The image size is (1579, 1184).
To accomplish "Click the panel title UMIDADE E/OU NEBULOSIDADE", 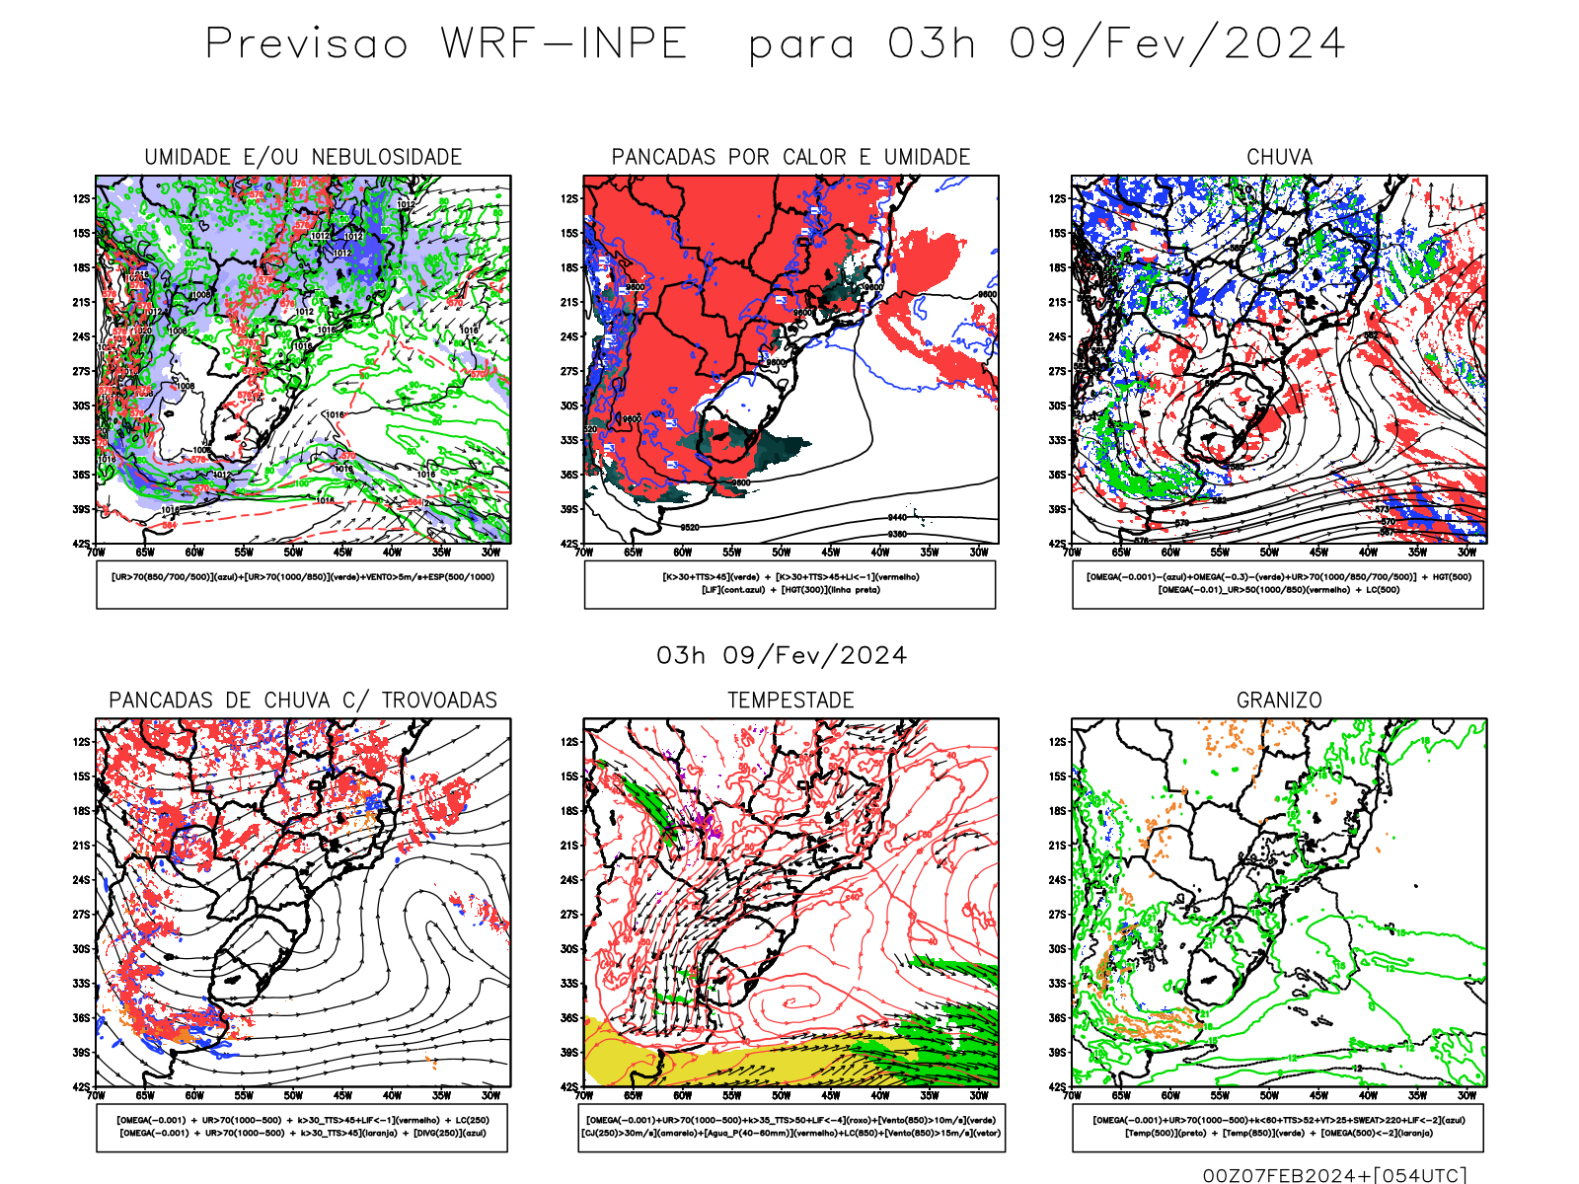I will tap(303, 157).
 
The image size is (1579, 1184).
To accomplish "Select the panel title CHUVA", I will tap(1279, 157).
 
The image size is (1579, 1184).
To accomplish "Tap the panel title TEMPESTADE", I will tap(790, 701).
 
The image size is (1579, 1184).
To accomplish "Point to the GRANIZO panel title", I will tap(1279, 701).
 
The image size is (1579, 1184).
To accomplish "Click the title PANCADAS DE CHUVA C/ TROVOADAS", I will tap(303, 701).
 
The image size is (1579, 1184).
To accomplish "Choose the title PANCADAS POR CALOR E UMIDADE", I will tap(790, 157).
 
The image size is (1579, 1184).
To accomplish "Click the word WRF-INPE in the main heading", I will tap(564, 43).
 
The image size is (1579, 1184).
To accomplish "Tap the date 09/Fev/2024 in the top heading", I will tap(1176, 43).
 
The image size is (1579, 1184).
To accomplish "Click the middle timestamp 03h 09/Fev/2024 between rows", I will tap(782, 655).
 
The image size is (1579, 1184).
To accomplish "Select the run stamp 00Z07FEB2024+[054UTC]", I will tap(1334, 1175).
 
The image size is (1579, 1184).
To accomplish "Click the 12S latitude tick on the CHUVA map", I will tap(1058, 198).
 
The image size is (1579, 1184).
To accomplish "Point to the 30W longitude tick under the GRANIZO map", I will tap(1466, 1095).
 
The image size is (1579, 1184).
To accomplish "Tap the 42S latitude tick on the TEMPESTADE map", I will tap(569, 1087).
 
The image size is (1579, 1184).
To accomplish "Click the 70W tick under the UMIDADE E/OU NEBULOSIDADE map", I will tap(96, 553).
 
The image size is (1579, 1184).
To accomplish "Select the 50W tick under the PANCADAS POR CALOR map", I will tap(781, 553).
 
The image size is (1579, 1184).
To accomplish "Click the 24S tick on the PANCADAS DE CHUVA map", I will tap(81, 880).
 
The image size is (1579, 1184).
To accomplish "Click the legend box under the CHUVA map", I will tap(1278, 584).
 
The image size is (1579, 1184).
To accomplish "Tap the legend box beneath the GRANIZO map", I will tap(1278, 1127).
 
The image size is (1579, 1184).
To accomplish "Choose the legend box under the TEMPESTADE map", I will tap(790, 1127).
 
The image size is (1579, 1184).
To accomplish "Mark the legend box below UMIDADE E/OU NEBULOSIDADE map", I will tap(302, 584).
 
